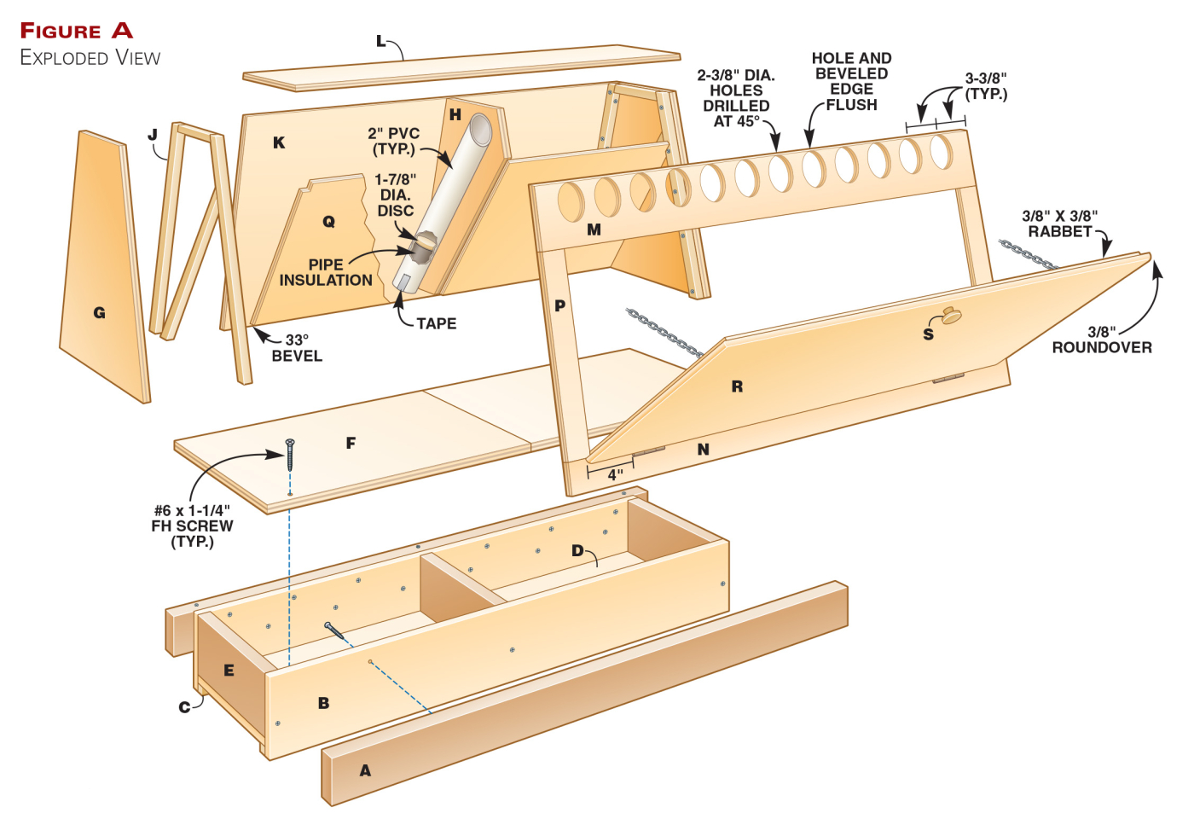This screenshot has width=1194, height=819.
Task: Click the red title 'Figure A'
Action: [x=77, y=31]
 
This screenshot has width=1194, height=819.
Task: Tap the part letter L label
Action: [x=381, y=41]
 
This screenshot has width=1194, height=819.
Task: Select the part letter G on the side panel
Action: [x=100, y=313]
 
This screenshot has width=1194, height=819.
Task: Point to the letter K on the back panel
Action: [x=279, y=142]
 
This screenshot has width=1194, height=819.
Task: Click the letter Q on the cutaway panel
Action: [x=328, y=222]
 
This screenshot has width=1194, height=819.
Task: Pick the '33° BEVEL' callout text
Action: [x=297, y=348]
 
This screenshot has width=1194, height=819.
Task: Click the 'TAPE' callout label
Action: [x=436, y=323]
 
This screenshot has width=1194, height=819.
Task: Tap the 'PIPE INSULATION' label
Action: [x=326, y=272]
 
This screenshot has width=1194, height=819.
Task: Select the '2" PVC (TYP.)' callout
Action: [x=393, y=141]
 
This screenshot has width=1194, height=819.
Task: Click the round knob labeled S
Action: [x=951, y=316]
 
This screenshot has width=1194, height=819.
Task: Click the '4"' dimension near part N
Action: [x=615, y=474]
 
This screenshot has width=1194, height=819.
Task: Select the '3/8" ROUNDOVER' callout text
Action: [x=1101, y=340]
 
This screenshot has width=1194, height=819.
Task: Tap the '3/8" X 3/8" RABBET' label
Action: [x=1059, y=224]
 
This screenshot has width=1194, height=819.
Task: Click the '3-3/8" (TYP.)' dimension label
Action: [x=986, y=86]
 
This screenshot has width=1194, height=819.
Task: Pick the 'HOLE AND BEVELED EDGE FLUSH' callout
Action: [x=851, y=81]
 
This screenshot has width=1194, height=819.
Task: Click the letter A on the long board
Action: [x=365, y=770]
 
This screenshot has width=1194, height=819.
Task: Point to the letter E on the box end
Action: [x=229, y=671]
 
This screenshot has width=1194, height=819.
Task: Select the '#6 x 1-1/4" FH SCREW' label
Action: [x=192, y=526]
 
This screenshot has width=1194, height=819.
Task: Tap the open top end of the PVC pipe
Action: [x=481, y=129]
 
